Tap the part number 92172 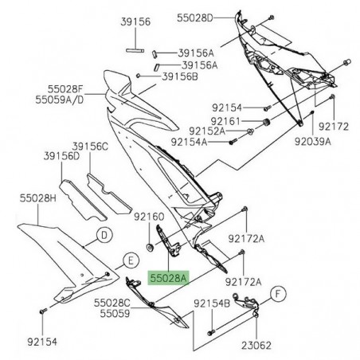(x=335, y=126)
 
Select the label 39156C (x=90, y=147)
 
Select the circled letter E (x=128, y=260)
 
